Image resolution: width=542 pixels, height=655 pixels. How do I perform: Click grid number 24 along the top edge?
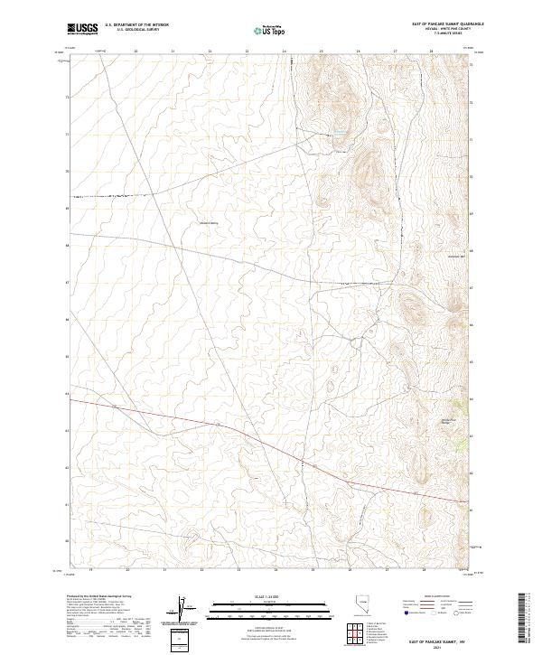tap(284, 51)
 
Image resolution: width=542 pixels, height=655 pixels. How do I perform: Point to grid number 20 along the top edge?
tap(135, 51)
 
